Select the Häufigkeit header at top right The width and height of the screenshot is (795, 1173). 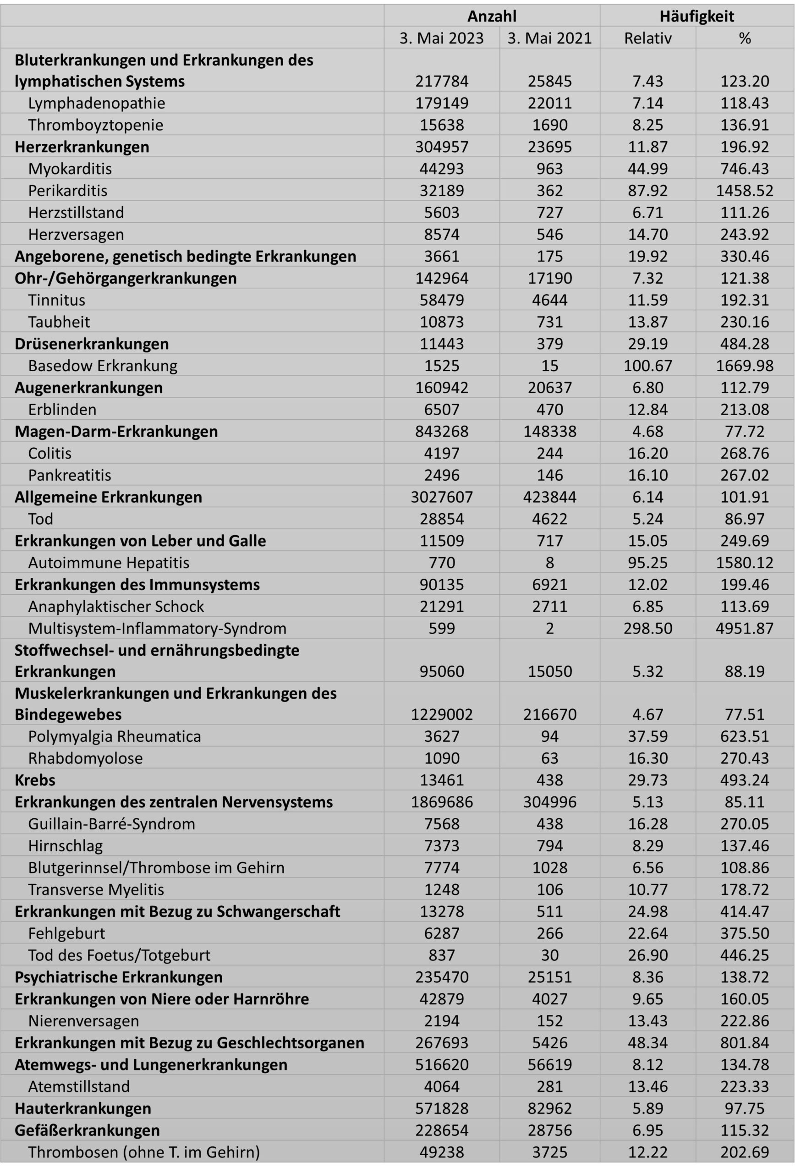pos(696,16)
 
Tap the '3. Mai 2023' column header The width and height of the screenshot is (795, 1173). pos(441,38)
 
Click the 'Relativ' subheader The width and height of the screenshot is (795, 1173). pos(647,38)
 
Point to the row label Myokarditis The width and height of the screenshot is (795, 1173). pos(70,169)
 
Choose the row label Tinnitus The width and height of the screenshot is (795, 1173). pos(56,300)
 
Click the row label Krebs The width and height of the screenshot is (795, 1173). pos(35,780)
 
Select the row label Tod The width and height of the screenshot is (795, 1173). pos(40,519)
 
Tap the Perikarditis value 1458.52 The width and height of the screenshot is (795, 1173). pos(745,190)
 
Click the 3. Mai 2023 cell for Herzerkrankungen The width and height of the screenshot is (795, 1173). pos(441,147)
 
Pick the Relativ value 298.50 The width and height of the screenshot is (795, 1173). pos(647,628)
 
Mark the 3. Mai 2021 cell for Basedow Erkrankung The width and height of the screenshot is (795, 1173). pos(549,366)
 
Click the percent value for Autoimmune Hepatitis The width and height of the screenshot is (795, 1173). pos(745,563)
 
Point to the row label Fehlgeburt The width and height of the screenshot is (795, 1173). pos(66,933)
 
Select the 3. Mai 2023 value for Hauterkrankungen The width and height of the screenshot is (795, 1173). pos(441,1108)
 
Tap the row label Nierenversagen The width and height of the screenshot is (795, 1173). pos(83,1020)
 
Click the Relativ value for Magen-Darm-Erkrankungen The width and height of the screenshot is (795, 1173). pos(647,432)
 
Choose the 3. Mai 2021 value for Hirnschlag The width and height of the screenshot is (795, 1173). pos(549,845)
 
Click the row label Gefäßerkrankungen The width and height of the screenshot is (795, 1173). pos(87,1130)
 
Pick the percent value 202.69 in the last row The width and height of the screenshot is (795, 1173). pos(745,1152)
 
